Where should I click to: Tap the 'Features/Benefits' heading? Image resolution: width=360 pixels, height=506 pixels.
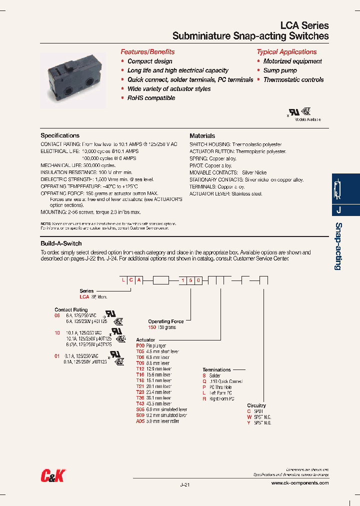[x=147, y=52]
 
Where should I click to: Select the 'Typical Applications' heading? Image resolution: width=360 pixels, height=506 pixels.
[x=286, y=52]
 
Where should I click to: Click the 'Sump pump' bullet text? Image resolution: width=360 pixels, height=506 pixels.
[x=280, y=70]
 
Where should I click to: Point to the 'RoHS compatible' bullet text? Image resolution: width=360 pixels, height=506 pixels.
[x=151, y=98]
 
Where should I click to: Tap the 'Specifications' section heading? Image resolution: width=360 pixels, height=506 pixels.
[x=60, y=135]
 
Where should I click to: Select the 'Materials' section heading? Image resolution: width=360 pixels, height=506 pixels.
[x=202, y=135]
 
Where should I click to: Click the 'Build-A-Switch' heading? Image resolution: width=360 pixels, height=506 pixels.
[x=61, y=243]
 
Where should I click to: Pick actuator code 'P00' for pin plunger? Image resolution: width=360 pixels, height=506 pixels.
[x=140, y=345]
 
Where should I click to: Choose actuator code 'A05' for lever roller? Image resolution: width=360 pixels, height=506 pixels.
[x=140, y=421]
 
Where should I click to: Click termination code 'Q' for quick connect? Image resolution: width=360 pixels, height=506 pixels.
[x=204, y=381]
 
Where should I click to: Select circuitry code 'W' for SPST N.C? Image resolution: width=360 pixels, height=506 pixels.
[x=249, y=417]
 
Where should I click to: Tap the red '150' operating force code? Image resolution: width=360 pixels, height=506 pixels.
[x=152, y=327]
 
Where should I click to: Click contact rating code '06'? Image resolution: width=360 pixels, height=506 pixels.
[x=57, y=316]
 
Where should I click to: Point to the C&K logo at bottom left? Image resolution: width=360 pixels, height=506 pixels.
[x=53, y=475]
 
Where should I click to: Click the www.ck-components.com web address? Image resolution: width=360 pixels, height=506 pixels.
[x=299, y=483]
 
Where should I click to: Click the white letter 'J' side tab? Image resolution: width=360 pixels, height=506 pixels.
[x=338, y=210]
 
